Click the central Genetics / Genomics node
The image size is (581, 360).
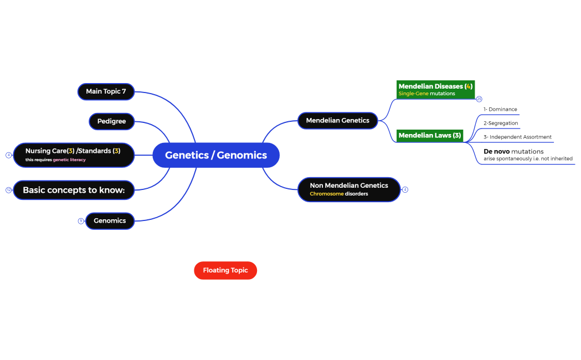click(x=215, y=155)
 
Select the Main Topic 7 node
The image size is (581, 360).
click(x=106, y=91)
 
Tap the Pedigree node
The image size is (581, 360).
click(x=111, y=121)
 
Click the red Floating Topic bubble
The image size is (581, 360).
click(x=225, y=270)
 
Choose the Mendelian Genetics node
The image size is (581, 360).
click(x=337, y=120)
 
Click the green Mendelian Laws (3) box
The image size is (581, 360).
click(x=429, y=135)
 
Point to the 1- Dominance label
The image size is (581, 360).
click(x=500, y=110)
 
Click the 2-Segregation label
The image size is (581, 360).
click(x=501, y=123)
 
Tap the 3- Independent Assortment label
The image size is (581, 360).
click(x=517, y=137)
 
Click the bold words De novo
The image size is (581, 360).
click(x=496, y=151)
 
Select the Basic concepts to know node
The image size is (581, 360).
click(x=74, y=190)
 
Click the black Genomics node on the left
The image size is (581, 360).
click(x=110, y=220)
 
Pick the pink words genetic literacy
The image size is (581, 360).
click(x=69, y=160)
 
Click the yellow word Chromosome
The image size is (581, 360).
click(x=326, y=194)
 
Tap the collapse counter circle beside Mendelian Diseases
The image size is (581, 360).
click(x=479, y=99)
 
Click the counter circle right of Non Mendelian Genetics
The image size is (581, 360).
click(x=405, y=189)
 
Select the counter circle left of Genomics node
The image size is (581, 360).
click(x=81, y=221)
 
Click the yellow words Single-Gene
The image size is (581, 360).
click(x=413, y=94)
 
